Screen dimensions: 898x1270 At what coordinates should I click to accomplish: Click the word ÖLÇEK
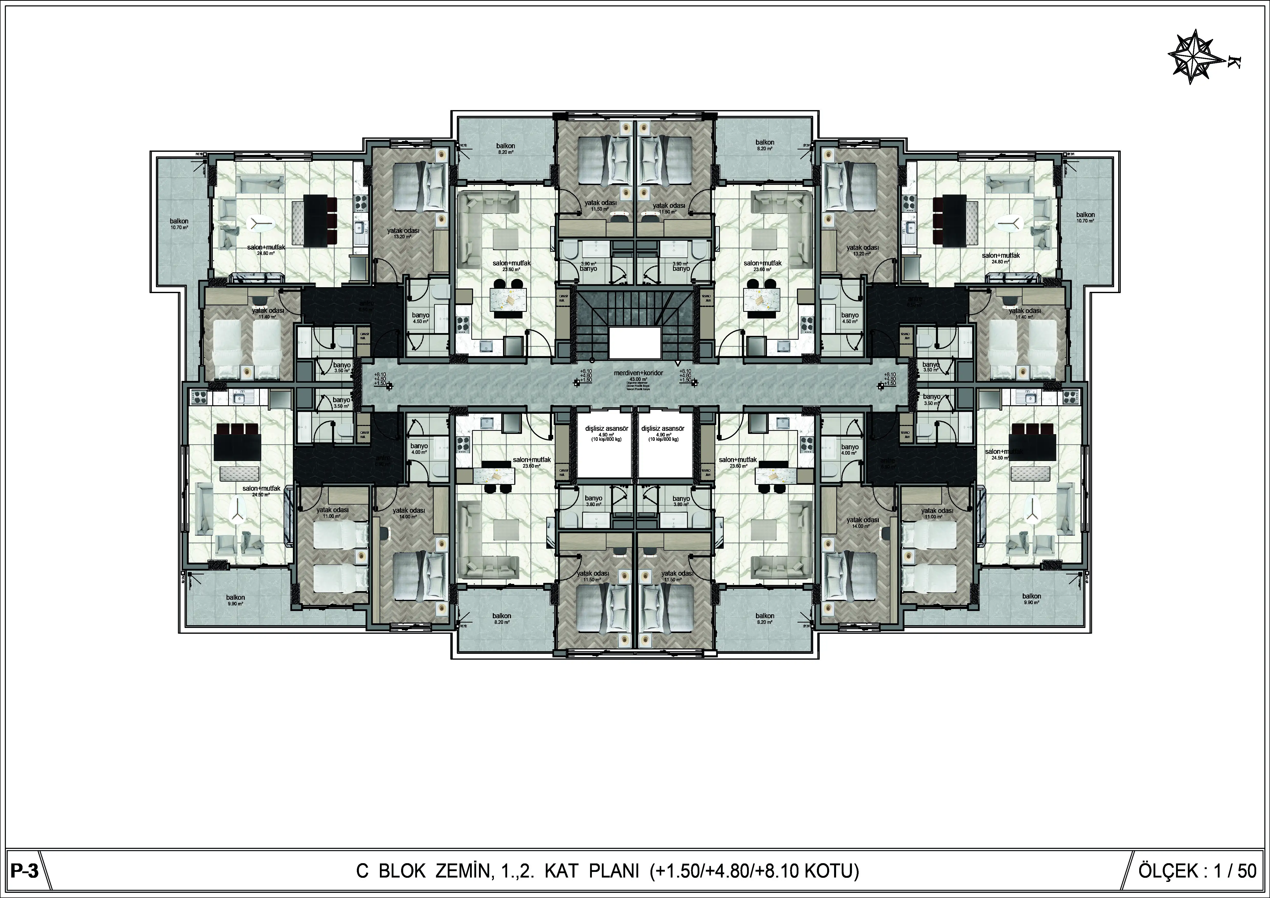pos(1168,871)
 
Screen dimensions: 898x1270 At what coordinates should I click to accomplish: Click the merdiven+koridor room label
pos(638,373)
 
